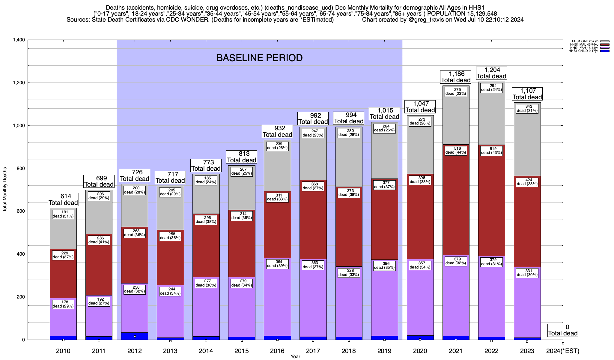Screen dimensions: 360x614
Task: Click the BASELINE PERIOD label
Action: [x=259, y=58]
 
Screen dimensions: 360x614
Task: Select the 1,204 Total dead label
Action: [x=491, y=73]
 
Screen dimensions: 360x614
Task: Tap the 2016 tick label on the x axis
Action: [x=277, y=351]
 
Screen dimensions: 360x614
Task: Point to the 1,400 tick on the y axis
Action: [x=19, y=40]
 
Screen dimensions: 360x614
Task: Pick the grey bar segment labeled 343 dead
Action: [x=527, y=141]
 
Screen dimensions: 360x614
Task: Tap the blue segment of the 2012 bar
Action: [x=135, y=336]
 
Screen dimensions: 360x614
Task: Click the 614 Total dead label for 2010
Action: [x=63, y=199]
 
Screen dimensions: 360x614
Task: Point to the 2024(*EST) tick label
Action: [x=563, y=351]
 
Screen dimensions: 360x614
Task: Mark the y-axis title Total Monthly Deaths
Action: [x=5, y=190]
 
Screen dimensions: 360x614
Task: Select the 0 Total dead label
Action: [x=563, y=330]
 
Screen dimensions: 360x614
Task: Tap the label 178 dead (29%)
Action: [x=63, y=304]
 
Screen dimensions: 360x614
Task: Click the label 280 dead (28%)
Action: [x=349, y=133]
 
